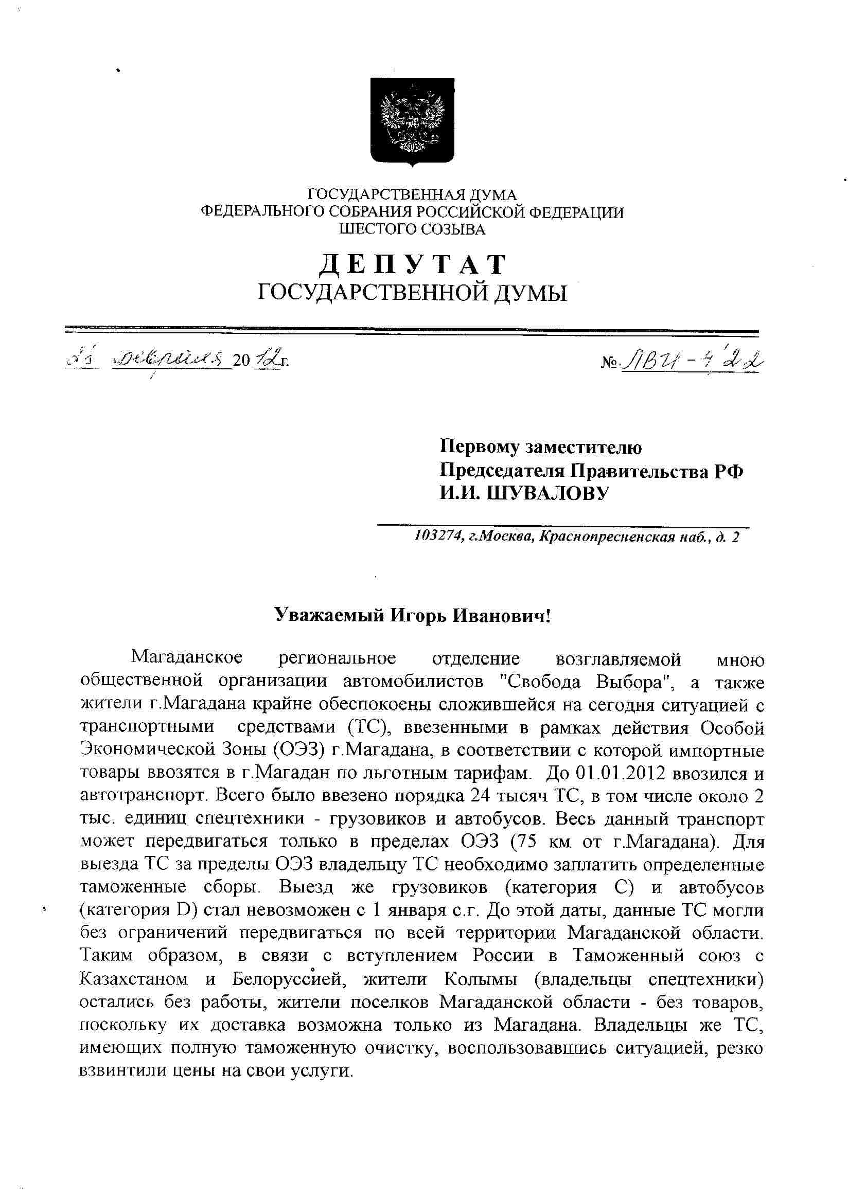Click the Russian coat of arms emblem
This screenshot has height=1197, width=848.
coord(412,121)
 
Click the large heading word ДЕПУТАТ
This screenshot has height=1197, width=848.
coord(412,265)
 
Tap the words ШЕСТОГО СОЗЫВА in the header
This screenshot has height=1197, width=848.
coord(412,229)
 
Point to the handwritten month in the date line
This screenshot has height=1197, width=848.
coord(172,360)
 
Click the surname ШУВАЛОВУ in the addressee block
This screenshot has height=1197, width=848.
coord(548,493)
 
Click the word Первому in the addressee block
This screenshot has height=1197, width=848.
coord(479,448)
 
